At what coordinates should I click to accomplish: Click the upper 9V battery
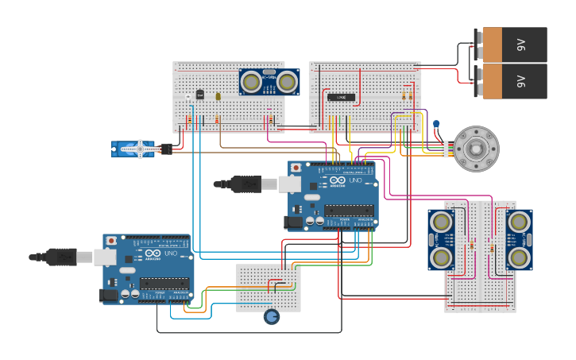pos(512,45)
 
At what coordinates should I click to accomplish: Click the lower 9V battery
pos(512,81)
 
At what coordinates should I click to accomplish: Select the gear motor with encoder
pos(476,148)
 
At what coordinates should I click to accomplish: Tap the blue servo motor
pos(135,149)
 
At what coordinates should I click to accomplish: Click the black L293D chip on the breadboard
pos(341,97)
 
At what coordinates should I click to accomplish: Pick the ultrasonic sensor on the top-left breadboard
pos(269,81)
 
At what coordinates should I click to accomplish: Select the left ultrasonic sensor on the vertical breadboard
pos(440,238)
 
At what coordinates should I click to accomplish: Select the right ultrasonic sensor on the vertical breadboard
pos(519,238)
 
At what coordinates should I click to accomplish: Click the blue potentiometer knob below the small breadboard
pos(272,317)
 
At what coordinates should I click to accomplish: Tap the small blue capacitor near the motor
pos(436,124)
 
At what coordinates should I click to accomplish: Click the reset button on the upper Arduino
pos(296,168)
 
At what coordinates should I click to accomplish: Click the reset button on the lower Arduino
pos(111,240)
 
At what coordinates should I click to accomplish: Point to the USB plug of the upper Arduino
pos(242,184)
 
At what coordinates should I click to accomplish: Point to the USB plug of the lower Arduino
pos(60,257)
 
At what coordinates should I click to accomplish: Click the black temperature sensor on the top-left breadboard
pos(199,95)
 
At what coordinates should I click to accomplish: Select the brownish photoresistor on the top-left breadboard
pos(217,96)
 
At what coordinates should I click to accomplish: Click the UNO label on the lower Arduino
pos(172,255)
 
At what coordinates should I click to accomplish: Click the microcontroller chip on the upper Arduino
pos(349,211)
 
